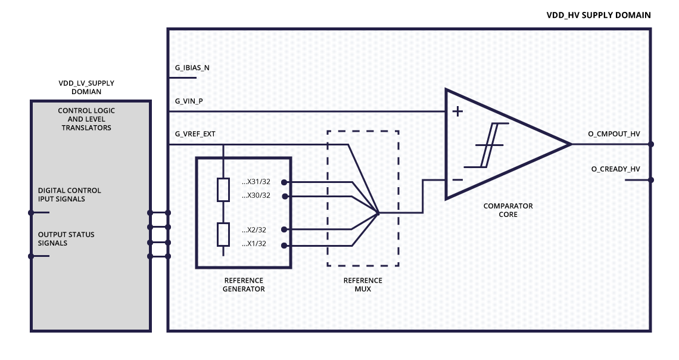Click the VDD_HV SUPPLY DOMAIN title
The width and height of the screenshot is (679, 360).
[599, 15]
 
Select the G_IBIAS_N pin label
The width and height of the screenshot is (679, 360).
[192, 68]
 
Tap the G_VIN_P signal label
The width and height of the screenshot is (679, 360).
[189, 101]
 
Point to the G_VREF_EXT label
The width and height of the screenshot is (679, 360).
[195, 134]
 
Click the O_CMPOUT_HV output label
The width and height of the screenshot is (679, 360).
[613, 134]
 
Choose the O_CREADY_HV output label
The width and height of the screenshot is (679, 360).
[615, 169]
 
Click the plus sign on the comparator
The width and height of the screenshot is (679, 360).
[458, 111]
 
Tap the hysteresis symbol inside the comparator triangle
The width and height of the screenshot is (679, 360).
[486, 145]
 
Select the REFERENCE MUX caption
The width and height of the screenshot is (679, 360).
[363, 284]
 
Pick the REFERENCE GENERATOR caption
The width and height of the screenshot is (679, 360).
[243, 284]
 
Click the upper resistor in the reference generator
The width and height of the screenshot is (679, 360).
[223, 190]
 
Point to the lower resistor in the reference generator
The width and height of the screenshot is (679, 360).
[223, 234]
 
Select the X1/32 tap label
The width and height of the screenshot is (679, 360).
[254, 244]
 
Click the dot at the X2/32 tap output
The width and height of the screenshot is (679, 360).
[284, 229]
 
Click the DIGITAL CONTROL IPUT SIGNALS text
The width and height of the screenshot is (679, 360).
[70, 194]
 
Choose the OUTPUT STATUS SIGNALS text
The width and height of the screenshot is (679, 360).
[66, 238]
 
